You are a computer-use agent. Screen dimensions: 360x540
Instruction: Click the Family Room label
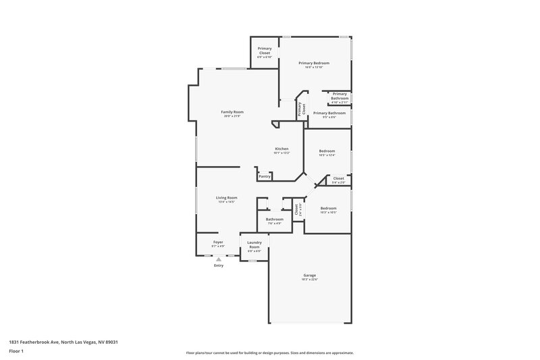click(232, 111)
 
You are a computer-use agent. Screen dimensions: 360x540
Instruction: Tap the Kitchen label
click(281, 149)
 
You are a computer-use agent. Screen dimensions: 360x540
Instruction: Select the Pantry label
click(265, 176)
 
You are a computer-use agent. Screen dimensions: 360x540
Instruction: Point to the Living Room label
click(226, 198)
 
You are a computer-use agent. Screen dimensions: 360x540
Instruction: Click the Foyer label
click(218, 242)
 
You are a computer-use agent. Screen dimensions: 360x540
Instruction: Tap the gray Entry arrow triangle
click(218, 259)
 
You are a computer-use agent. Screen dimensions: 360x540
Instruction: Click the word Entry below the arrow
click(218, 265)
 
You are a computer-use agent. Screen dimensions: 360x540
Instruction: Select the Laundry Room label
click(254, 245)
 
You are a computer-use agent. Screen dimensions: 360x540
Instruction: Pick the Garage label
click(310, 275)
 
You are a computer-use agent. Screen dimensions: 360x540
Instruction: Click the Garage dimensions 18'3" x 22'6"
click(310, 279)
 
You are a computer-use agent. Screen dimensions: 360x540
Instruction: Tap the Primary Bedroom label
click(314, 63)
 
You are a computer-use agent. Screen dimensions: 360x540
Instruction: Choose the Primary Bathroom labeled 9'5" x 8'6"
click(329, 113)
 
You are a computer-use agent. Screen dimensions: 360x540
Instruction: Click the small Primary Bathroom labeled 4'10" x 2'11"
click(340, 96)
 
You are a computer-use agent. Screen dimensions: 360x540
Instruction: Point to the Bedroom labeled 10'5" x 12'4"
click(327, 151)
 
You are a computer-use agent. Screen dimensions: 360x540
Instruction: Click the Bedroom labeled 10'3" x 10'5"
click(328, 208)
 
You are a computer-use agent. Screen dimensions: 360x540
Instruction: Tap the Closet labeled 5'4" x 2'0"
click(338, 178)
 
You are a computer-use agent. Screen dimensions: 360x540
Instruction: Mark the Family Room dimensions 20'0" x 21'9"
click(232, 116)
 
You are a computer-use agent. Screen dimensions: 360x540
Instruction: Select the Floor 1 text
click(16, 352)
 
